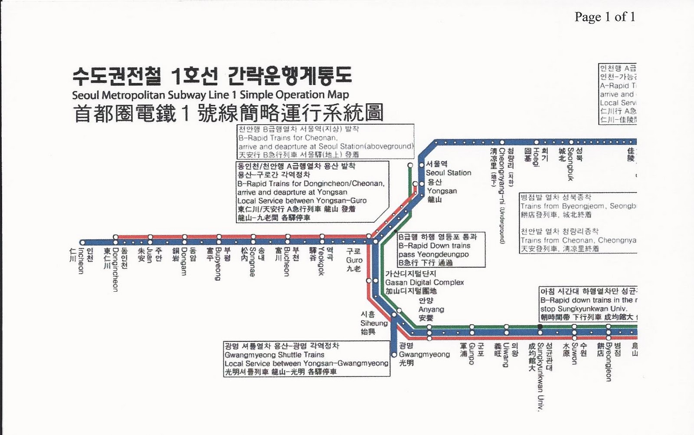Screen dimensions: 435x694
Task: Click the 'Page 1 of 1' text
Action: [605, 17]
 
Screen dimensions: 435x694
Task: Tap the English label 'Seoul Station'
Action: [448, 173]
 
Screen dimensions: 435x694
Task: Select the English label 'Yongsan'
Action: [442, 191]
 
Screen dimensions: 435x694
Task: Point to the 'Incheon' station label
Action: [80, 261]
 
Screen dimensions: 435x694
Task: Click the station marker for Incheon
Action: [82, 243]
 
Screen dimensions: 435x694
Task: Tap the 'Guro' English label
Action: [354, 260]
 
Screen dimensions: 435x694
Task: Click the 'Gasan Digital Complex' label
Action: [424, 283]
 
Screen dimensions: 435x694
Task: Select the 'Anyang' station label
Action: [431, 310]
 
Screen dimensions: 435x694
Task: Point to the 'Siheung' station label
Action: [373, 323]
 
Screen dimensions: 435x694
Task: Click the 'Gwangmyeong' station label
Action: [424, 354]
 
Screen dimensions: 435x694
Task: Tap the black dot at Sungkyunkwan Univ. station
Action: [540, 326]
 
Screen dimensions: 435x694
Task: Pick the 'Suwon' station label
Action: [574, 353]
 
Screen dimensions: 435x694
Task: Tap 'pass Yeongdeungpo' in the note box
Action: [433, 254]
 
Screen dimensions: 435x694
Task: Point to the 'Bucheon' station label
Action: [287, 262]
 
